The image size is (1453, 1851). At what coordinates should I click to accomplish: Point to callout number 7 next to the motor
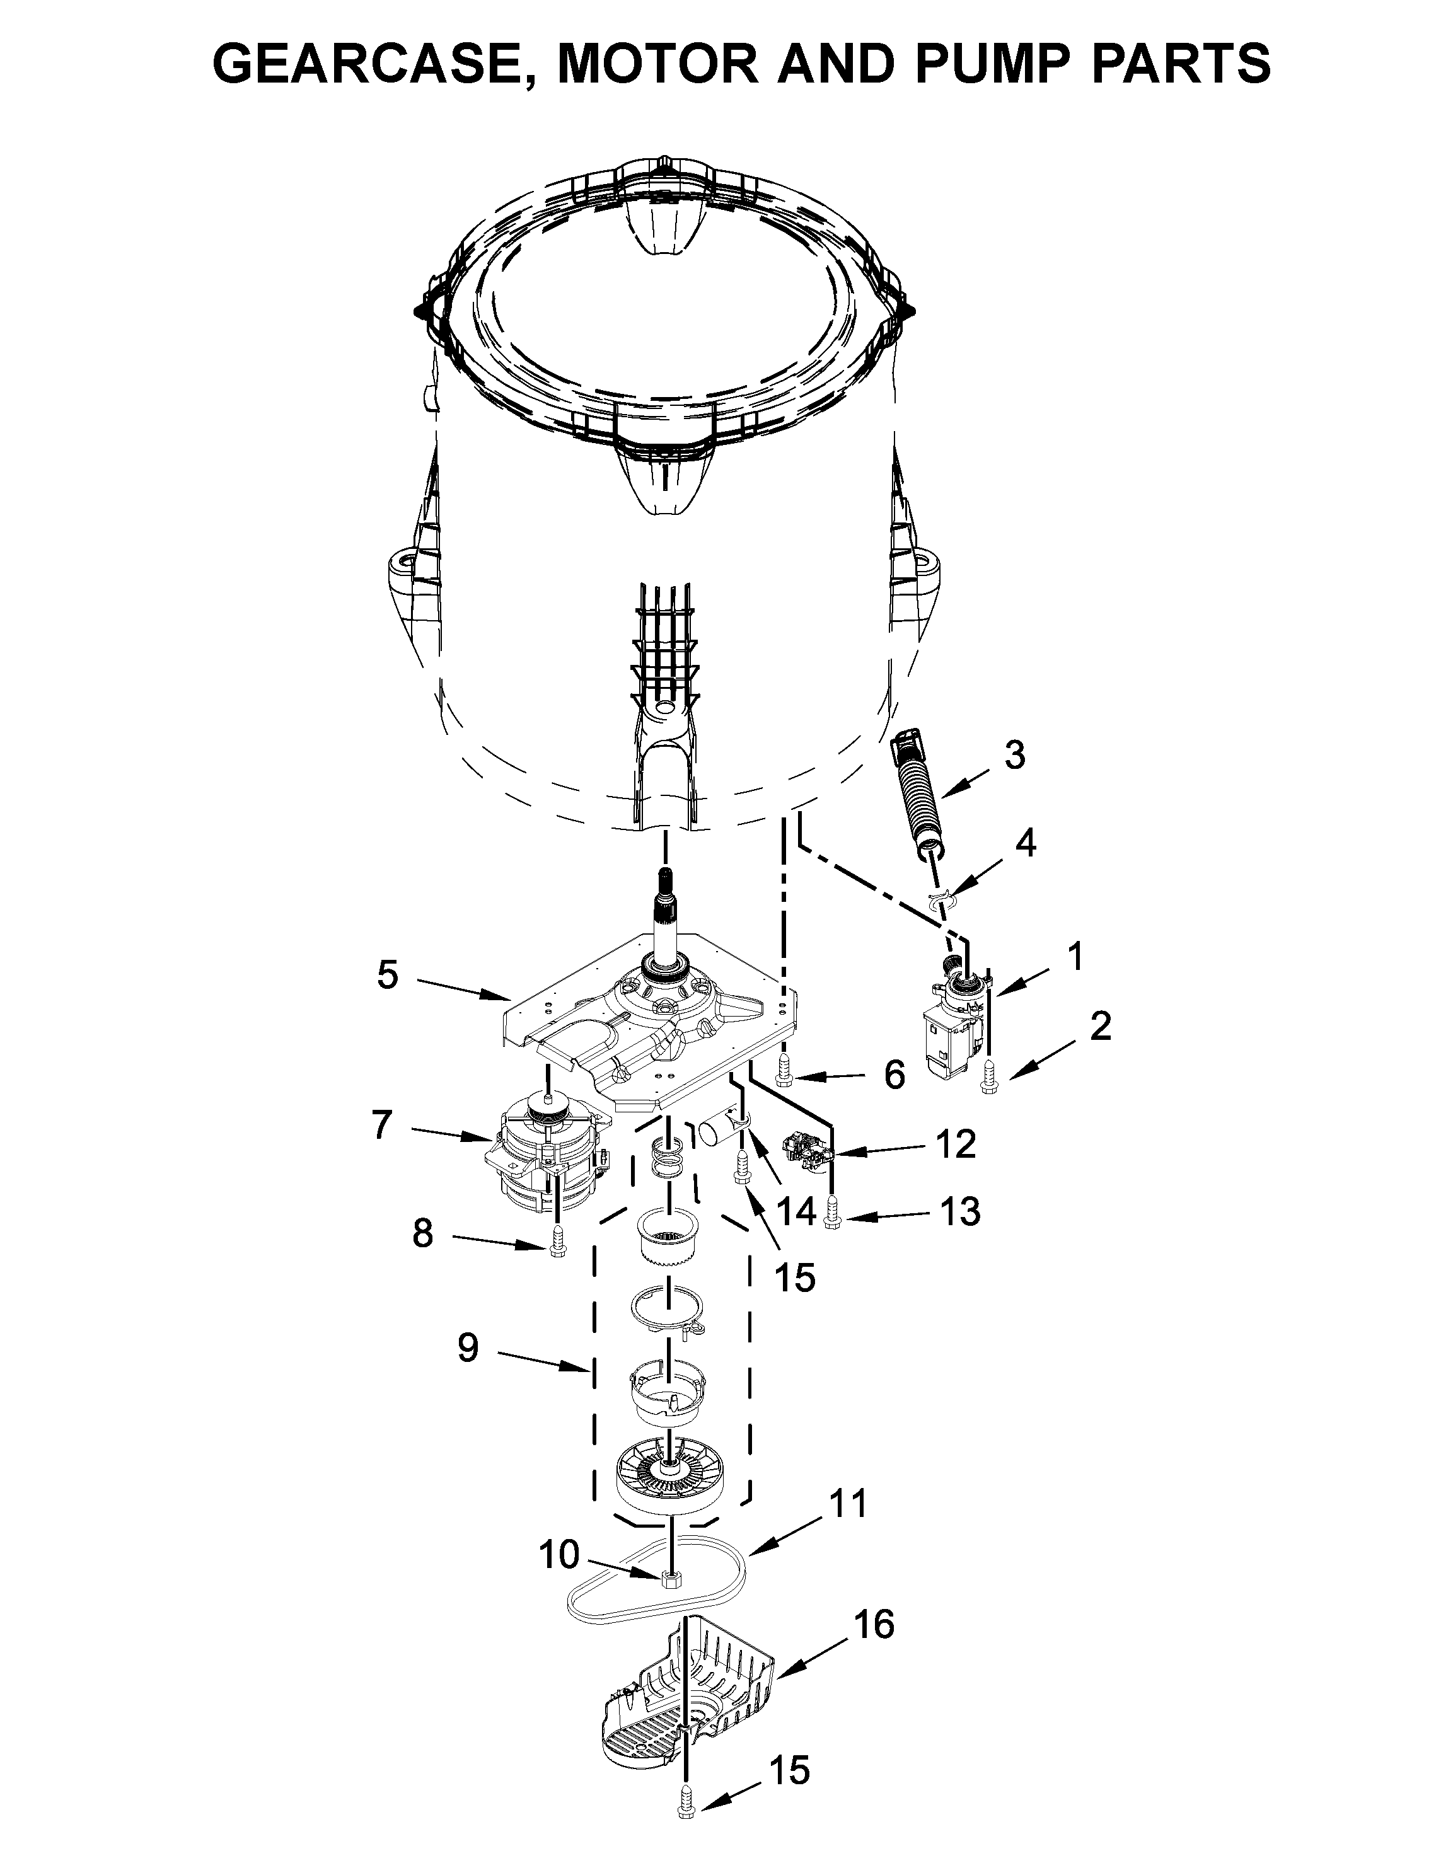tap(382, 1126)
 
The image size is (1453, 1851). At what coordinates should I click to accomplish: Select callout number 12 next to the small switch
tap(956, 1145)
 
